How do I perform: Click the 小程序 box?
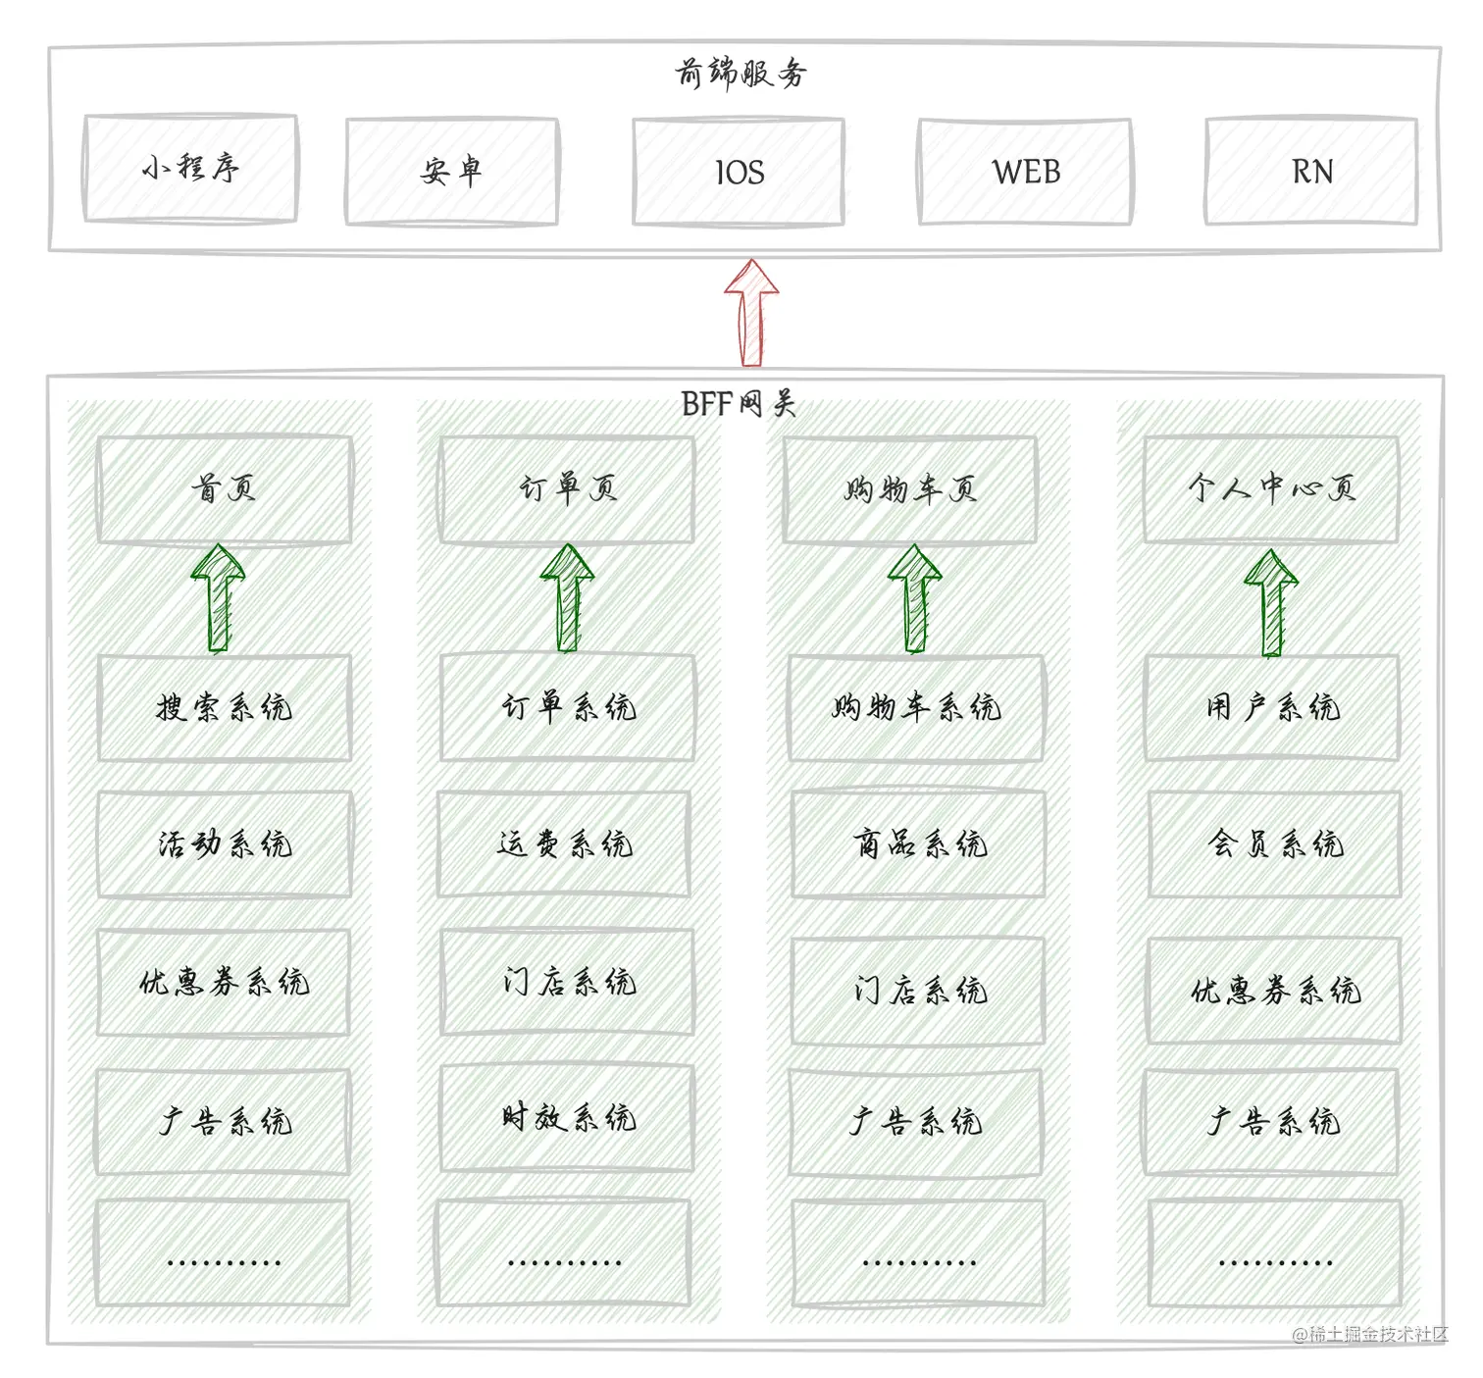[x=190, y=169]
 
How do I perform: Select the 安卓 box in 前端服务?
[x=452, y=172]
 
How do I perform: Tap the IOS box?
[x=739, y=173]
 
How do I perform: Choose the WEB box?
[x=1025, y=173]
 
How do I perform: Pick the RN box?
[x=1311, y=173]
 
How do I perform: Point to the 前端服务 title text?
[x=741, y=73]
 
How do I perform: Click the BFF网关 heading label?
[x=738, y=403]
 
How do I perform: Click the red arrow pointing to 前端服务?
[x=751, y=312]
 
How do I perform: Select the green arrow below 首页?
[x=219, y=598]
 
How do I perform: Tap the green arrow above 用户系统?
[x=1271, y=601]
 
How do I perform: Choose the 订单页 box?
[x=567, y=488]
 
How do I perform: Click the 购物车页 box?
[x=909, y=488]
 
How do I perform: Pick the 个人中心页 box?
[x=1271, y=488]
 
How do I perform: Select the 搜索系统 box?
[x=225, y=707]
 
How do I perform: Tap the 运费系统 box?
[x=564, y=843]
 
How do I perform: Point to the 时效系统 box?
[x=567, y=1117]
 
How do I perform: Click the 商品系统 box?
[x=919, y=843]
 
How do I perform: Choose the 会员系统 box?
[x=1274, y=843]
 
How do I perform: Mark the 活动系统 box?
[x=225, y=843]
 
